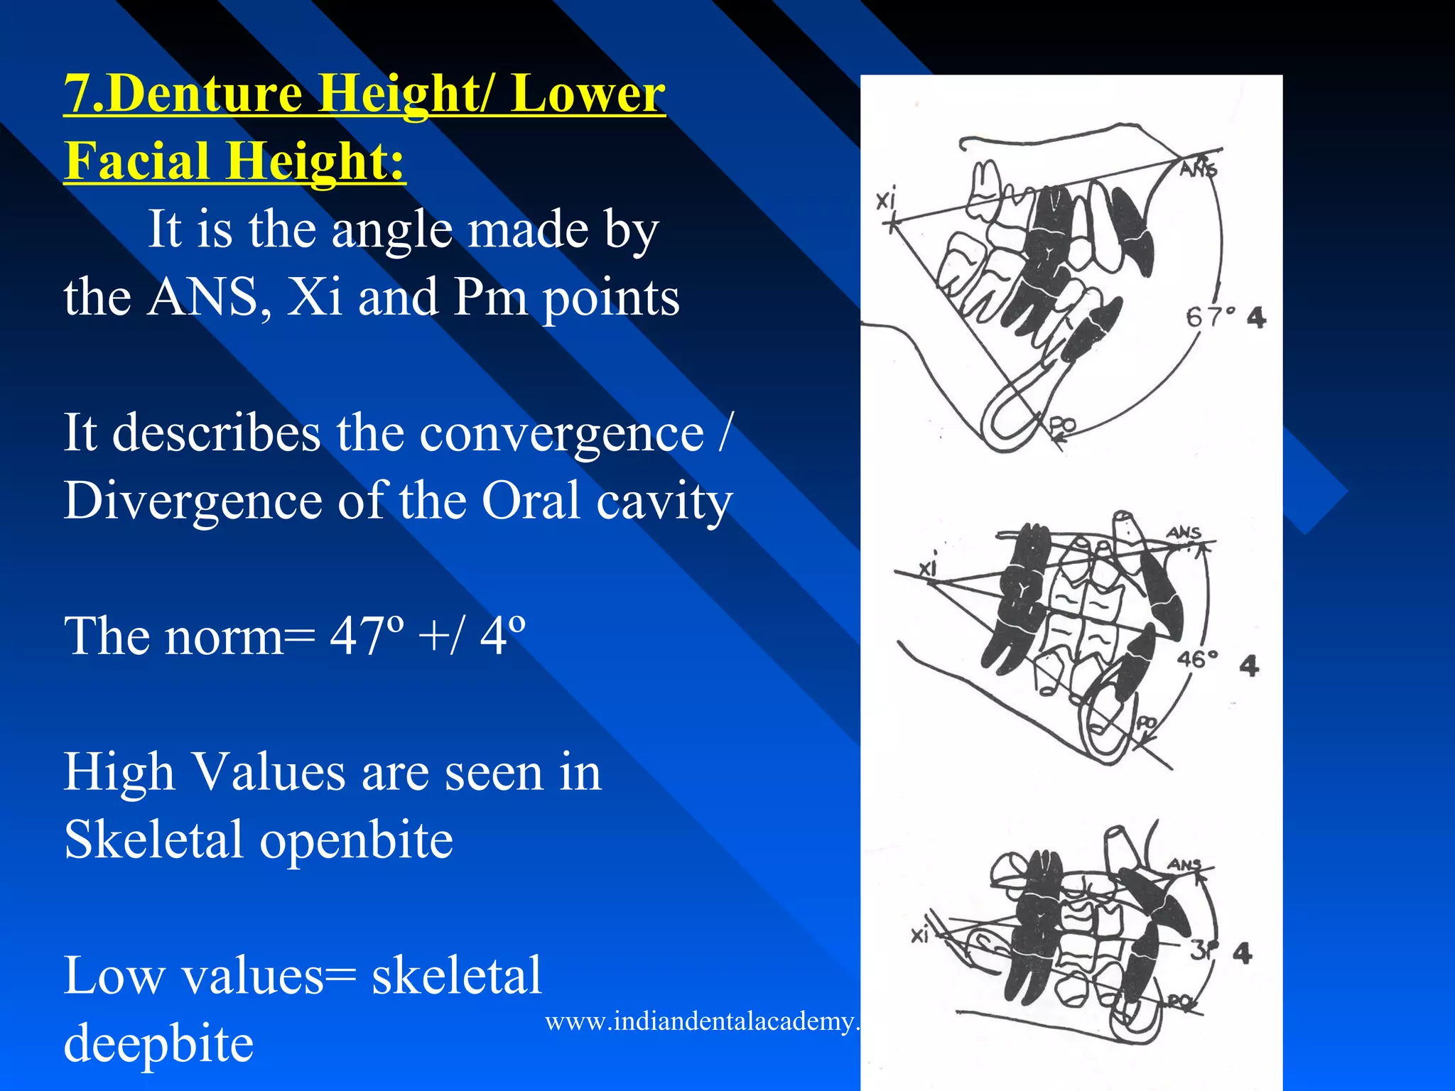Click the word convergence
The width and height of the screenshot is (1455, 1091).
click(x=562, y=433)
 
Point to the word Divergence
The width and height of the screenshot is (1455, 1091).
click(x=193, y=501)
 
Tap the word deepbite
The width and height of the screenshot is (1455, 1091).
click(x=158, y=1043)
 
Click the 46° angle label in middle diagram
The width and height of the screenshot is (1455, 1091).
click(x=1197, y=659)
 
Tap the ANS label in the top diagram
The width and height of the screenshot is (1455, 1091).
click(x=1199, y=168)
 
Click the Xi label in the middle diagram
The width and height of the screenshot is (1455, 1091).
click(x=928, y=567)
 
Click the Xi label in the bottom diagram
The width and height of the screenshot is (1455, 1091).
click(x=920, y=935)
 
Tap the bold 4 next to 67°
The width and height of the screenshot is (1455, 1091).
click(x=1256, y=317)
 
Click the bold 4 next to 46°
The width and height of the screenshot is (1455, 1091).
click(x=1249, y=666)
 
